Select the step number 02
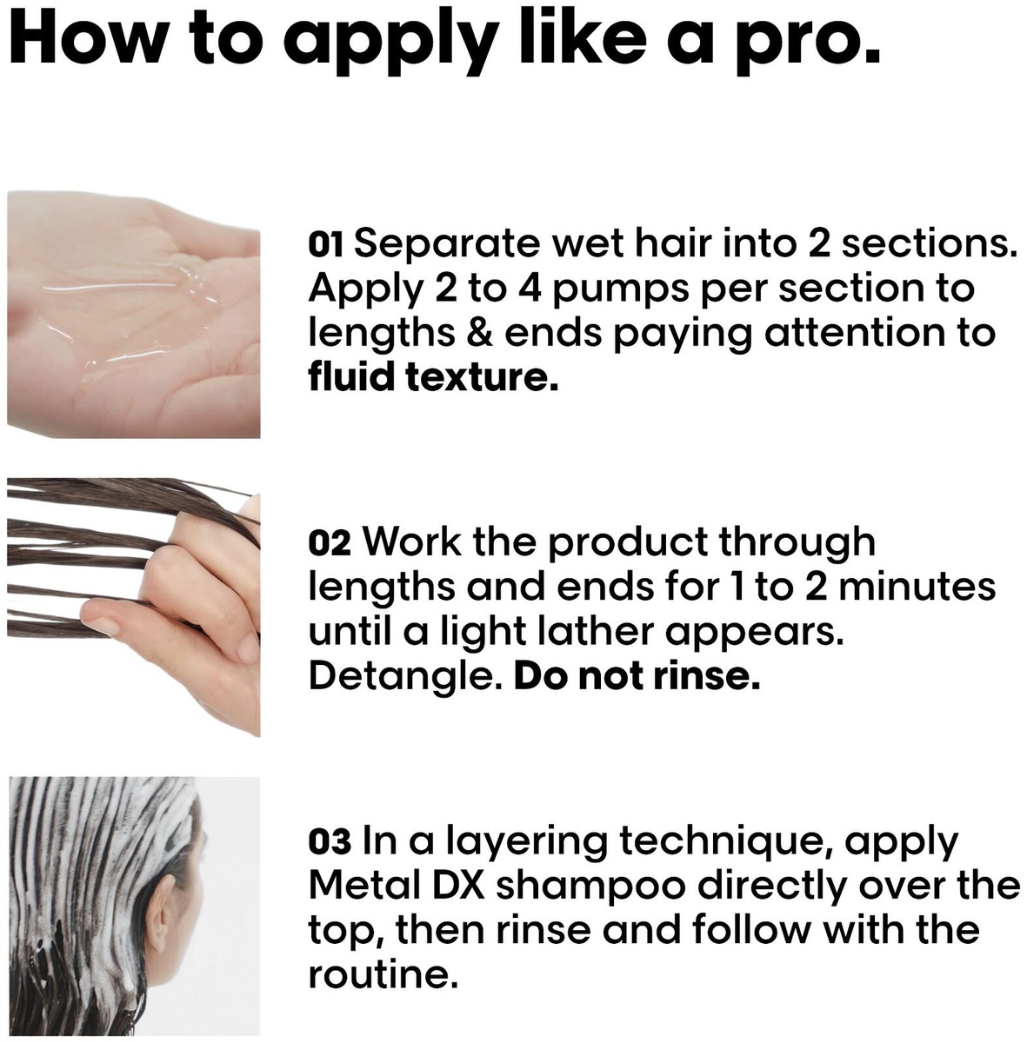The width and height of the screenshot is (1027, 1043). (x=330, y=544)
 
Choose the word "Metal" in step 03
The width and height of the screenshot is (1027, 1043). (x=361, y=886)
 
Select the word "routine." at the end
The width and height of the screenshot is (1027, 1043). (x=379, y=975)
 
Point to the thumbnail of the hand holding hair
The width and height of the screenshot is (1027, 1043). (x=133, y=608)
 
